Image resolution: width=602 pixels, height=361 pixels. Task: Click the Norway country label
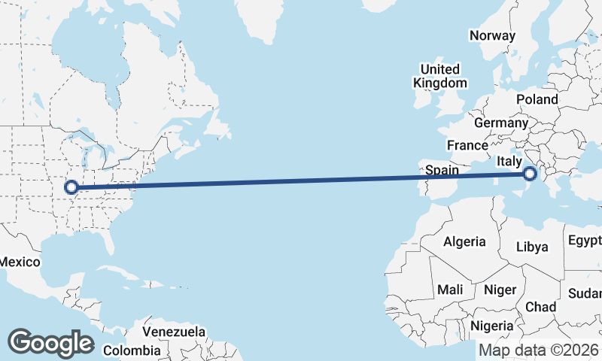(x=492, y=35)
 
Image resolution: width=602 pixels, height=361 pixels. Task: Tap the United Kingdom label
(x=443, y=76)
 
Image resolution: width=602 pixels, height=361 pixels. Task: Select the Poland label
(x=537, y=99)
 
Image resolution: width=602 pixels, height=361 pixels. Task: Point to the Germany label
(x=501, y=123)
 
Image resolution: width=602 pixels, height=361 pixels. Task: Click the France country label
(x=467, y=145)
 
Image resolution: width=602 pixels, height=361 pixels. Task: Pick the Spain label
(x=442, y=170)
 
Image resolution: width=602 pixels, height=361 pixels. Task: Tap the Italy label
(x=509, y=161)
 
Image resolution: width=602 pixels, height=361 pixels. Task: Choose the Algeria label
(x=464, y=242)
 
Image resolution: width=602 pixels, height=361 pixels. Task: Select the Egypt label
(x=585, y=241)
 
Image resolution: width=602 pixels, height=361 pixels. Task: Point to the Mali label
(x=450, y=290)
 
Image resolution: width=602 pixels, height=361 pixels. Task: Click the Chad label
(x=540, y=307)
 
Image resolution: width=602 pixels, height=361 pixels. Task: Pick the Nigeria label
(x=492, y=326)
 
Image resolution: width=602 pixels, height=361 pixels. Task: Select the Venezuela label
(x=174, y=332)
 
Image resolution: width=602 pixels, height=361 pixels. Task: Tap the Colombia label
(x=132, y=350)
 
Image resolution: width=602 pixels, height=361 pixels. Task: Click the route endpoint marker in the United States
(x=72, y=187)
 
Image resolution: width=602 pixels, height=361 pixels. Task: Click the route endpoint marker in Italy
(x=530, y=174)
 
